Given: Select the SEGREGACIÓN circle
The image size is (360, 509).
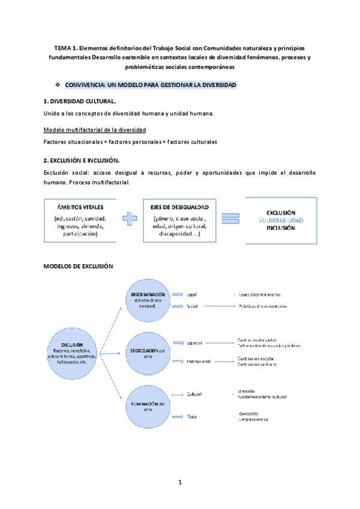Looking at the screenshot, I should click(147, 351).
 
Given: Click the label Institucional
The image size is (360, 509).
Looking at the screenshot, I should click(199, 361).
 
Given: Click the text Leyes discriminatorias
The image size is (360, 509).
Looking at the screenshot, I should click(260, 294).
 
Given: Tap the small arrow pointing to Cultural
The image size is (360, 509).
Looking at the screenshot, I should click(178, 394).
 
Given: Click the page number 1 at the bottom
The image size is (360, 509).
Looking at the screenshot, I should click(179, 482).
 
